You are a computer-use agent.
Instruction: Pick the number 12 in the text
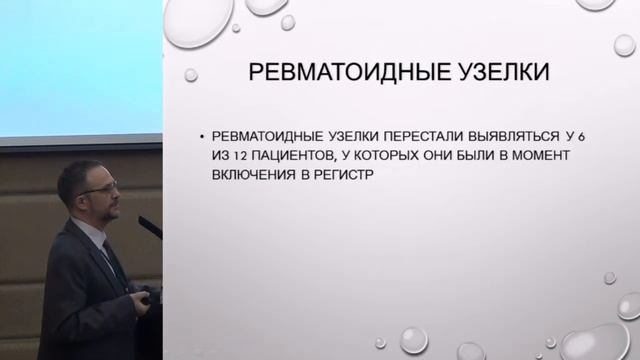point(244,156)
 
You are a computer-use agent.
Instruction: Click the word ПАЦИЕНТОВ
point(303,156)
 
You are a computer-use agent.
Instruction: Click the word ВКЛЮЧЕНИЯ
point(251,174)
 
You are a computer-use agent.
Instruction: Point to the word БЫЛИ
point(492,156)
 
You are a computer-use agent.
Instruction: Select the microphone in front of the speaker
point(150,227)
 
